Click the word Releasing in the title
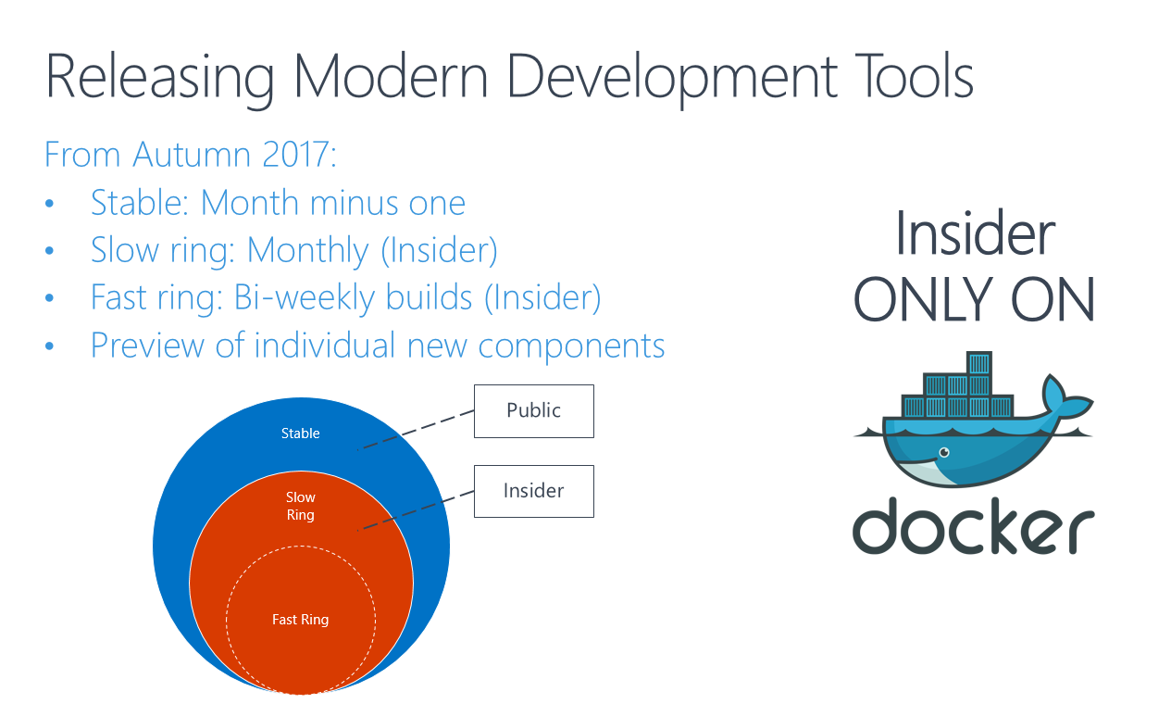(x=159, y=78)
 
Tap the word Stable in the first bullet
(x=138, y=203)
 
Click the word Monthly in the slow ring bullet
(x=307, y=251)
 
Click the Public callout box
(x=534, y=411)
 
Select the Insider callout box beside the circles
(x=534, y=491)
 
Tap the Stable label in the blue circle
(x=301, y=434)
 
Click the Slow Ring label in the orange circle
(x=301, y=506)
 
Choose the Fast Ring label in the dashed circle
(x=301, y=620)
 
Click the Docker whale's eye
(x=944, y=452)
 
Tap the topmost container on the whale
(x=979, y=362)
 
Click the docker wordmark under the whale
(x=974, y=525)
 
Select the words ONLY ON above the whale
(x=974, y=299)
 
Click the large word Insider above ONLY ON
(x=975, y=233)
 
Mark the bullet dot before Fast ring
(x=50, y=298)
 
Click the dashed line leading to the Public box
(x=416, y=430)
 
